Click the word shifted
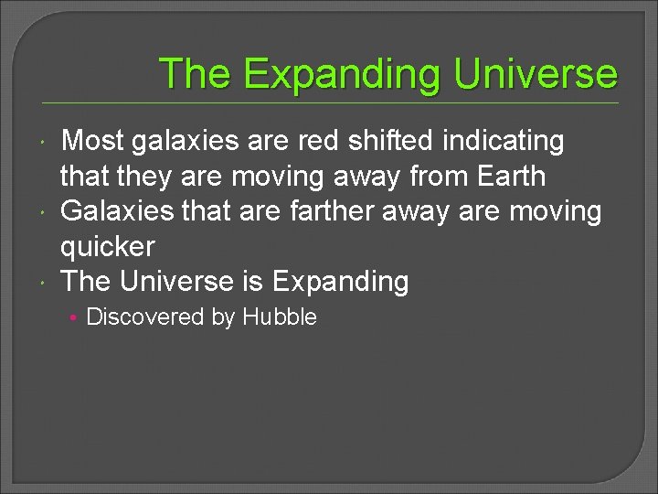click(403, 141)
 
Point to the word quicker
click(108, 246)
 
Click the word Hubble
click(280, 317)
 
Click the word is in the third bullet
click(255, 282)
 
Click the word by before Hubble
click(224, 317)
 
